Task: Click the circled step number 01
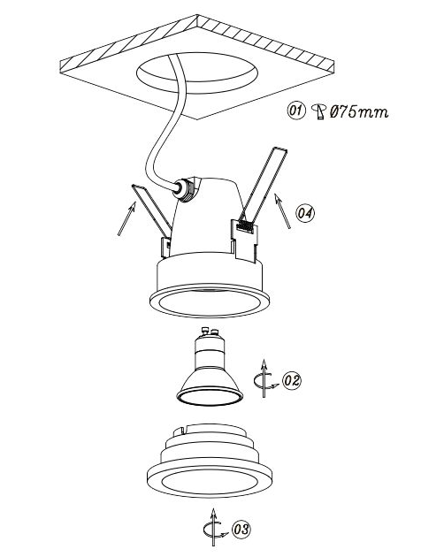click(x=296, y=111)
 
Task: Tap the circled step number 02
click(x=292, y=380)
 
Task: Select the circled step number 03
click(x=241, y=530)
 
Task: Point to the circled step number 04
click(x=305, y=213)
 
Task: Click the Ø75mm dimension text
click(x=359, y=112)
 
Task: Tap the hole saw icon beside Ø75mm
click(x=319, y=111)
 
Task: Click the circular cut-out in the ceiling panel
click(x=197, y=73)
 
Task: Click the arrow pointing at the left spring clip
click(x=126, y=218)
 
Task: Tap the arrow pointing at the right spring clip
click(x=283, y=211)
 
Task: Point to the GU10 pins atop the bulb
click(x=210, y=331)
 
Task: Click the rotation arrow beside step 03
click(x=213, y=527)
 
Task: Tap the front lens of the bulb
click(x=210, y=397)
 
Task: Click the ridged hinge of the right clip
click(x=245, y=226)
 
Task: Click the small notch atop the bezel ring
click(x=180, y=431)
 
